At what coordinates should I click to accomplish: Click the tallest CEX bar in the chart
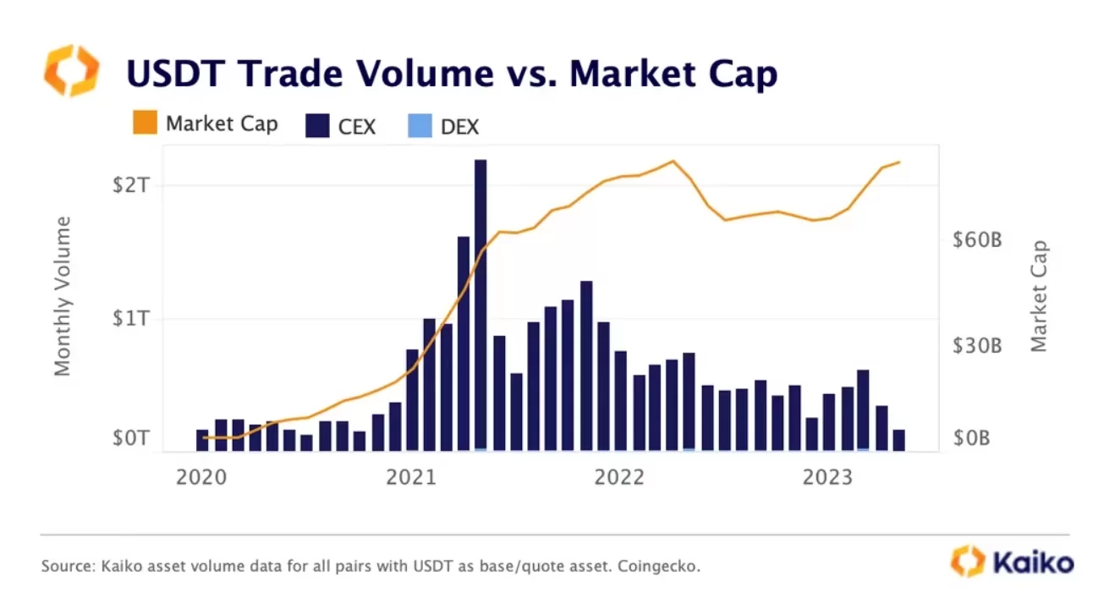click(480, 304)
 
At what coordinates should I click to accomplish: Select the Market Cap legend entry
click(206, 123)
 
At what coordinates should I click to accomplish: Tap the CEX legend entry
click(340, 127)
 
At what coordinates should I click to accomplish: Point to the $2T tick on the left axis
click(132, 185)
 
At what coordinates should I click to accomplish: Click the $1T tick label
click(132, 319)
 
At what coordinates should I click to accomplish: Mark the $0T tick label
click(132, 439)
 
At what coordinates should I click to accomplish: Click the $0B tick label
click(971, 439)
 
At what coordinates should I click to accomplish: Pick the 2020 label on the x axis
click(200, 478)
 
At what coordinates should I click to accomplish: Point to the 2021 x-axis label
click(411, 478)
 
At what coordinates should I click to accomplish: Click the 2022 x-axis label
click(621, 478)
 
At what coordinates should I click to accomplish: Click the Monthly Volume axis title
click(63, 296)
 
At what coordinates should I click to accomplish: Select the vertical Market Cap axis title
click(1040, 296)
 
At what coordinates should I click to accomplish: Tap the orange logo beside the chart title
click(72, 70)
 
